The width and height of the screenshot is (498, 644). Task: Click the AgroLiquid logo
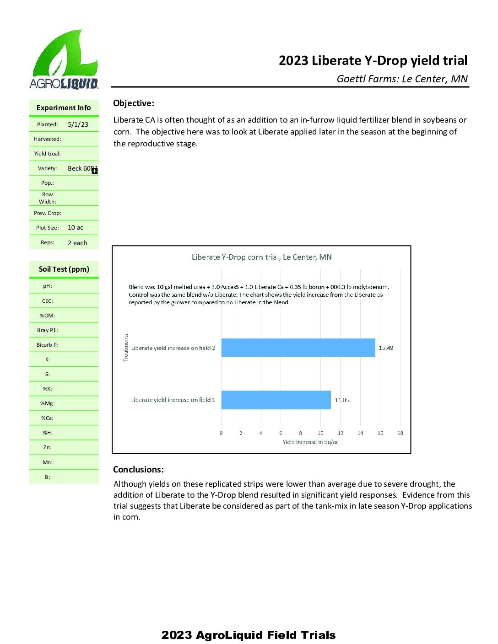pyautogui.click(x=64, y=59)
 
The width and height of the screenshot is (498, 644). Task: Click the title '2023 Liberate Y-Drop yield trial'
pyautogui.click(x=373, y=60)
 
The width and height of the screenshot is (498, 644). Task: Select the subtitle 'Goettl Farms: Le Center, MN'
pyautogui.click(x=402, y=79)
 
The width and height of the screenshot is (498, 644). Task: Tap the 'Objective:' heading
pyautogui.click(x=134, y=103)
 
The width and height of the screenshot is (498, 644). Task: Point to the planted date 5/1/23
pyautogui.click(x=78, y=124)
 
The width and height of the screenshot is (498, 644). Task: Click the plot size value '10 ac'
pyautogui.click(x=76, y=228)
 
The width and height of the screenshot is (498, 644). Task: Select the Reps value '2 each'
pyautogui.click(x=77, y=243)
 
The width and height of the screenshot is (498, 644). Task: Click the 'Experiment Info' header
pyautogui.click(x=64, y=108)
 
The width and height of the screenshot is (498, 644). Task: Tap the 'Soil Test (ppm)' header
pyautogui.click(x=64, y=269)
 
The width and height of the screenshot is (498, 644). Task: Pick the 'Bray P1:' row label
pyautogui.click(x=48, y=330)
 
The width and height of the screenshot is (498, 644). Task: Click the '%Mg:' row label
pyautogui.click(x=48, y=403)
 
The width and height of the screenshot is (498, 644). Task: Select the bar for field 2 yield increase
pyautogui.click(x=298, y=348)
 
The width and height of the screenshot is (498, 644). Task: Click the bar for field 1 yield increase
pyautogui.click(x=276, y=400)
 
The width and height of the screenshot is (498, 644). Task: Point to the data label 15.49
pyautogui.click(x=386, y=348)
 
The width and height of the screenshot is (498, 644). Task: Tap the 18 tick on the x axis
pyautogui.click(x=400, y=433)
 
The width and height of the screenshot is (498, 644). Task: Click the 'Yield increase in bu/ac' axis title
pyautogui.click(x=310, y=442)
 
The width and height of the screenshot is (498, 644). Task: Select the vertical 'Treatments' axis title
pyautogui.click(x=126, y=348)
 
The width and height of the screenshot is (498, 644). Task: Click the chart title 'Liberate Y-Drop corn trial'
pyautogui.click(x=261, y=257)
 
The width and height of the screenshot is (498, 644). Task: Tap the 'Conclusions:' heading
pyautogui.click(x=138, y=470)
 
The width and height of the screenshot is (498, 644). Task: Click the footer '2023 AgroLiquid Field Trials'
pyautogui.click(x=249, y=635)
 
